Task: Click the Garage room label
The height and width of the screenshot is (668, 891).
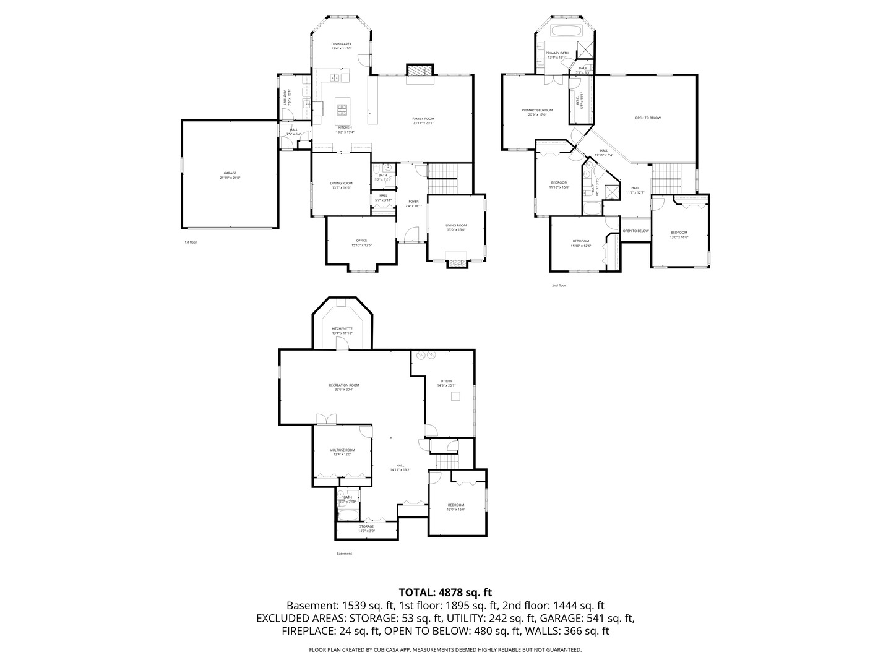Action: coord(230,175)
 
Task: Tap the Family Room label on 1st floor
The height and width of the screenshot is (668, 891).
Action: coord(423,121)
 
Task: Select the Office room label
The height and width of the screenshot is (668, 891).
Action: coord(361,242)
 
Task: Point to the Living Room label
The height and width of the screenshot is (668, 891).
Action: coord(456,227)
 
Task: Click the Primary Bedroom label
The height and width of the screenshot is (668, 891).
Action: coord(536,112)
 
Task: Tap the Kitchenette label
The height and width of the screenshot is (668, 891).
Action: coord(342,330)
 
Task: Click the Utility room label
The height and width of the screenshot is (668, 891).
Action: coord(446,383)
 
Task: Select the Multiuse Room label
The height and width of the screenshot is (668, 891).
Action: coord(342,452)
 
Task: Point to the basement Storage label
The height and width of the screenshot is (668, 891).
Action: coord(366,528)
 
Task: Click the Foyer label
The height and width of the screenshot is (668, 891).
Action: coord(413,203)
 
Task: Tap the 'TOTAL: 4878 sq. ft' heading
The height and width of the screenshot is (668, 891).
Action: coord(445,593)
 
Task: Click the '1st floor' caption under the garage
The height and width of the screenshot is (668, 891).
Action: coord(191,242)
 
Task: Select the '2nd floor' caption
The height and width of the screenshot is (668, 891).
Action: coord(559,285)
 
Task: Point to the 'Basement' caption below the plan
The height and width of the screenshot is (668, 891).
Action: coord(344,554)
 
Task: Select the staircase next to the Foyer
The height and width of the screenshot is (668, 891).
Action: coord(442,178)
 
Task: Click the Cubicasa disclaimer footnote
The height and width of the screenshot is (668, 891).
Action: coord(445,650)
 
